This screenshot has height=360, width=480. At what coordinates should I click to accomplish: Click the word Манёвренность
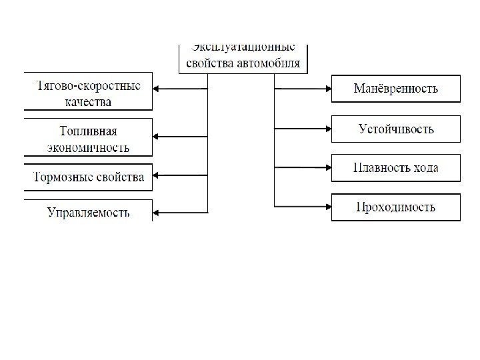(x=396, y=88)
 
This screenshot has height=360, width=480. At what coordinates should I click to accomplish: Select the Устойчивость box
(x=396, y=129)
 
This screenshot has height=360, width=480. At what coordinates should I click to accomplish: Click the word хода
(x=425, y=167)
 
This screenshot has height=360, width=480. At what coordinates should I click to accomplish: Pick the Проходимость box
(x=396, y=207)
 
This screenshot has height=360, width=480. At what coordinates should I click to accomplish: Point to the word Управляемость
(x=89, y=213)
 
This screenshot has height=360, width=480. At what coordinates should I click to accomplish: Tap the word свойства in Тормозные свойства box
(x=120, y=177)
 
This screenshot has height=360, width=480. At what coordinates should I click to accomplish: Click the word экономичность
(x=89, y=146)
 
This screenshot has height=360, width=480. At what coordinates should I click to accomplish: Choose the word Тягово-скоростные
(x=88, y=86)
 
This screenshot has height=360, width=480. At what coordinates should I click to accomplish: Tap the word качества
(x=89, y=102)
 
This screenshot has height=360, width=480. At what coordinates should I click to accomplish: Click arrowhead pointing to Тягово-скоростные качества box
(x=157, y=88)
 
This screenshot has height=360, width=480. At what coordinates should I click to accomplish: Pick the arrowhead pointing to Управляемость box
(x=157, y=213)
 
